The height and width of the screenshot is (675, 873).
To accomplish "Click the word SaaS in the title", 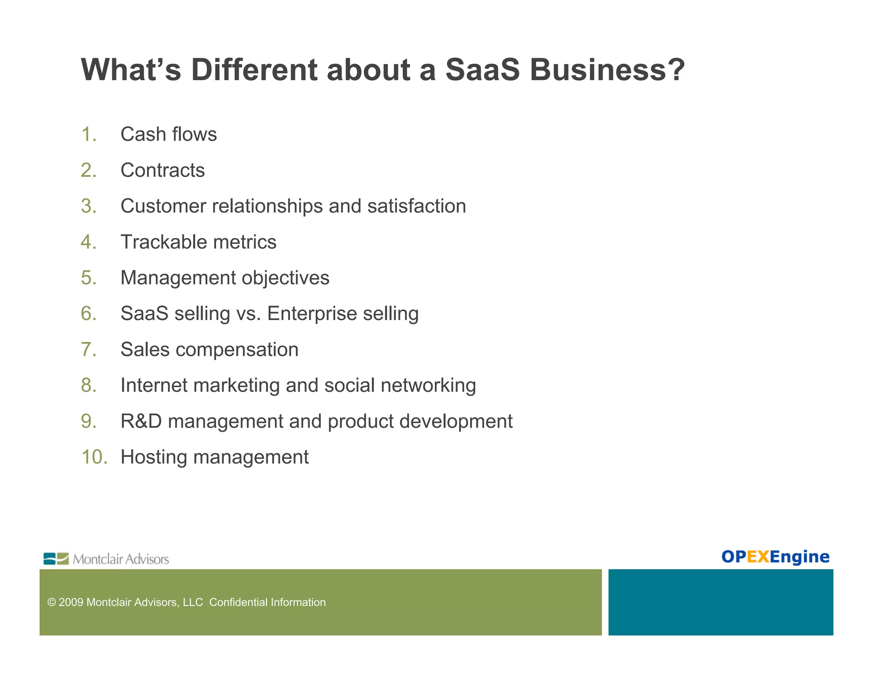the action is (x=482, y=70).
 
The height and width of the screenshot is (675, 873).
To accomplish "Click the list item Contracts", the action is (x=162, y=170).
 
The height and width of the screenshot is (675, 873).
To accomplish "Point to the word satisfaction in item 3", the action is (x=416, y=206).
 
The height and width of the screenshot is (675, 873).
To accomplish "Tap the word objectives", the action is (x=285, y=278).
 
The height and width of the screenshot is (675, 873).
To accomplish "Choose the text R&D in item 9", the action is (x=141, y=421).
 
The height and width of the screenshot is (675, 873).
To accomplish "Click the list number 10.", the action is (x=93, y=457).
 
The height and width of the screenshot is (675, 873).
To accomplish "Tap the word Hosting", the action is (x=153, y=457).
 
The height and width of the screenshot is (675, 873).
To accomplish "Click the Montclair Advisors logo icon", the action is (x=56, y=559).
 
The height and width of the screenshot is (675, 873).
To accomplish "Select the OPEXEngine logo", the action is (x=775, y=557).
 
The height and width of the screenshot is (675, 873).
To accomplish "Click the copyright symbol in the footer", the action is (x=52, y=602).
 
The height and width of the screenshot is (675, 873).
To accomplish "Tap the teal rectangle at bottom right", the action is (x=720, y=602).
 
